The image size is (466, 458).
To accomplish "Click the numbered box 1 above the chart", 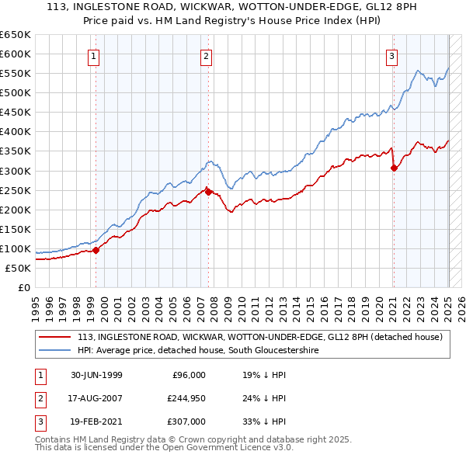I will click(93, 55).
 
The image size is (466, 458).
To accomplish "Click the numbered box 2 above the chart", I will click(207, 55).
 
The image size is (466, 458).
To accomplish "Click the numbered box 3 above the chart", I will click(392, 55).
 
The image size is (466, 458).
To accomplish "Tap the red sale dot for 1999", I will click(96, 250).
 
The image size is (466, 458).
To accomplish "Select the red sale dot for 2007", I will click(208, 191).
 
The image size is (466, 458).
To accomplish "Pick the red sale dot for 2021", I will click(394, 168).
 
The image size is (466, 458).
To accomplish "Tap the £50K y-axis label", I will click(18, 268).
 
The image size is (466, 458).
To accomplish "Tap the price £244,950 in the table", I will click(183, 399).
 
